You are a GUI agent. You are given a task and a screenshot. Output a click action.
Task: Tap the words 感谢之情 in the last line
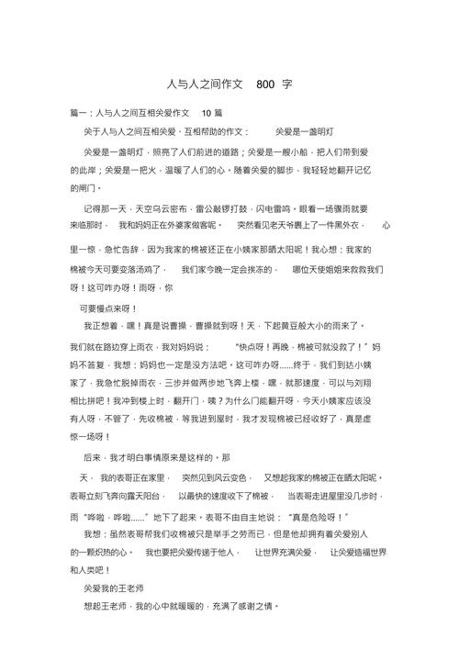[252, 607]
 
